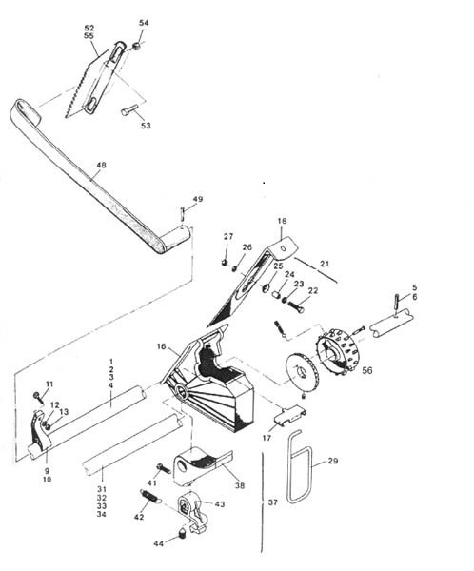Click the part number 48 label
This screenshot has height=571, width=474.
coord(101,165)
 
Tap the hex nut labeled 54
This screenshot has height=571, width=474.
coord(137,46)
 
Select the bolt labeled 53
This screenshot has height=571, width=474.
coord(129,109)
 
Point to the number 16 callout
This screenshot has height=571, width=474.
coord(161,346)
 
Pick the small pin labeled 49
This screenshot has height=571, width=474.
coord(182,214)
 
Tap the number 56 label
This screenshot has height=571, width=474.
coord(367,370)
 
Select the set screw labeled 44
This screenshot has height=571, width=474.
coord(181,534)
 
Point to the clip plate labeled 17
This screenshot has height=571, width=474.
coord(290,415)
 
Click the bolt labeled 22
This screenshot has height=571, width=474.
coord(296,306)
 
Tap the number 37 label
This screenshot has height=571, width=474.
coord(273,502)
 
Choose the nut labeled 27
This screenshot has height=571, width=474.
coord(226,262)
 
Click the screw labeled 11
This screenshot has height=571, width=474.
coord(38,396)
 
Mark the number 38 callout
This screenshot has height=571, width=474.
coord(239,485)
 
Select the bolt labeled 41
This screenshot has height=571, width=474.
coord(164,468)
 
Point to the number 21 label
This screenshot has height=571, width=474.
coord(324,263)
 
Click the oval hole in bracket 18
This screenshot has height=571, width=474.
coord(285,247)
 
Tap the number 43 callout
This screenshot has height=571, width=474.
coord(219,504)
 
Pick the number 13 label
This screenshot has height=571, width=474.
coord(64,412)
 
